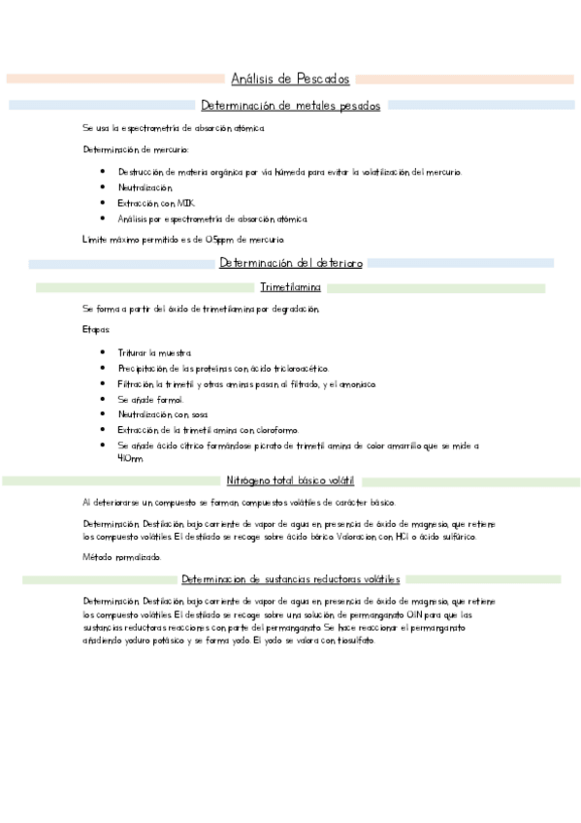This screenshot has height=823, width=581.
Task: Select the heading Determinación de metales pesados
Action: coord(290,105)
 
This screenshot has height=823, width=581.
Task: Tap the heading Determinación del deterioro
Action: coord(290,263)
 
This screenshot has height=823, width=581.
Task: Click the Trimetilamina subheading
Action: coord(290,287)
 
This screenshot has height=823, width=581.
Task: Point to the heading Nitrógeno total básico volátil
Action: coord(290,480)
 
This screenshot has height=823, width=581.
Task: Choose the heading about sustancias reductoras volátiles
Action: coord(290,579)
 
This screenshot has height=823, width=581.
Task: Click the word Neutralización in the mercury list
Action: coord(145,187)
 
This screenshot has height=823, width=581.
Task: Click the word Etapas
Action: coord(97,330)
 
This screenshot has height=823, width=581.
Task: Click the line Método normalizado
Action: coord(122,557)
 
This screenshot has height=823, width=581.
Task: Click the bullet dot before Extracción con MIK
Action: coord(103,203)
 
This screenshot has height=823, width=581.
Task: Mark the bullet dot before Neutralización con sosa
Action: coord(103,414)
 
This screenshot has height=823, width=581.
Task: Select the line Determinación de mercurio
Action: coord(136,149)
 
